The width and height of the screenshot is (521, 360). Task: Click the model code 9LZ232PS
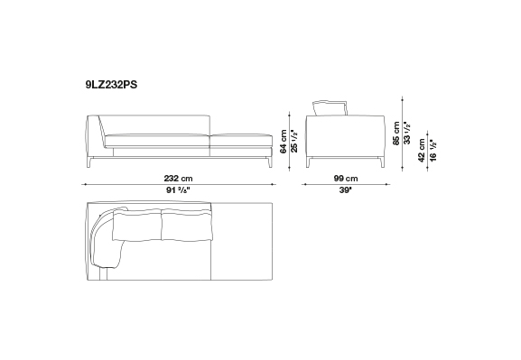pos(111,85)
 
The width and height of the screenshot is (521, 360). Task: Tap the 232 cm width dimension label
pos(178,179)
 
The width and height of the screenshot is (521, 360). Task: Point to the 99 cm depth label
pos(346,179)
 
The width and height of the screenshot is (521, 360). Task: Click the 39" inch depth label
pos(346,190)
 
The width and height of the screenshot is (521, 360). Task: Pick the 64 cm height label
pos(284,142)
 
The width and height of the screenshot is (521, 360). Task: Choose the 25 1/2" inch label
pos(294,142)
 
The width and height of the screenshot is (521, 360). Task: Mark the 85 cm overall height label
pos(396,134)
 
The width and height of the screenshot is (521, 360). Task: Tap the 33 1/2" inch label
pos(407,134)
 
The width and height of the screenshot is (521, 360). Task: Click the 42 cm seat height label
pos(422,151)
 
